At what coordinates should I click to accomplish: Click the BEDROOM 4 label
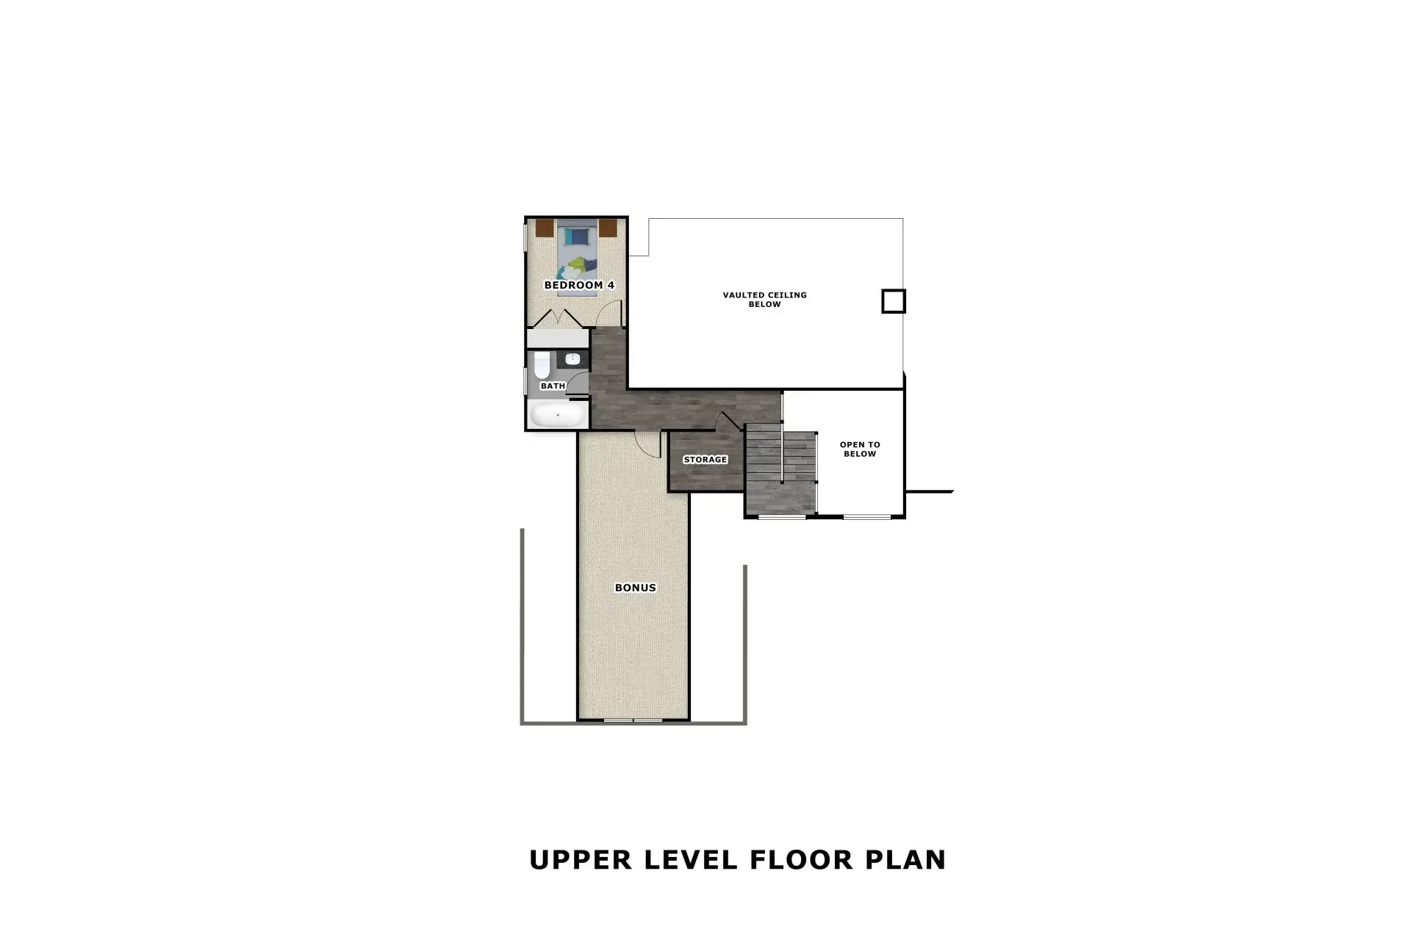pyautogui.click(x=579, y=285)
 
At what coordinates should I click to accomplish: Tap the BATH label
pyautogui.click(x=553, y=386)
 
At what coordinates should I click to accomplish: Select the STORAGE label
pyautogui.click(x=705, y=460)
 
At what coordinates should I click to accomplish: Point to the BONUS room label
pyautogui.click(x=635, y=587)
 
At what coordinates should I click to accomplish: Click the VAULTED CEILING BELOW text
pyautogui.click(x=764, y=299)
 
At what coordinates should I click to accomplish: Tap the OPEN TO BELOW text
pyautogui.click(x=860, y=449)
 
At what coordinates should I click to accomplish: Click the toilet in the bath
pyautogui.click(x=542, y=364)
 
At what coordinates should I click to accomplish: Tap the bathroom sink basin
pyautogui.click(x=574, y=359)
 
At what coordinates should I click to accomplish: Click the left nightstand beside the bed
pyautogui.click(x=544, y=228)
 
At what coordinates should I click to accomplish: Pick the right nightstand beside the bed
pyautogui.click(x=608, y=228)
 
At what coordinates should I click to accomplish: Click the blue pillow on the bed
pyautogui.click(x=577, y=236)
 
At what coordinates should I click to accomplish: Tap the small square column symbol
pyautogui.click(x=894, y=301)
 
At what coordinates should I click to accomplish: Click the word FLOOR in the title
pyautogui.click(x=802, y=859)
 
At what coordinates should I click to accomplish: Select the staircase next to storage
pyautogui.click(x=780, y=470)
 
